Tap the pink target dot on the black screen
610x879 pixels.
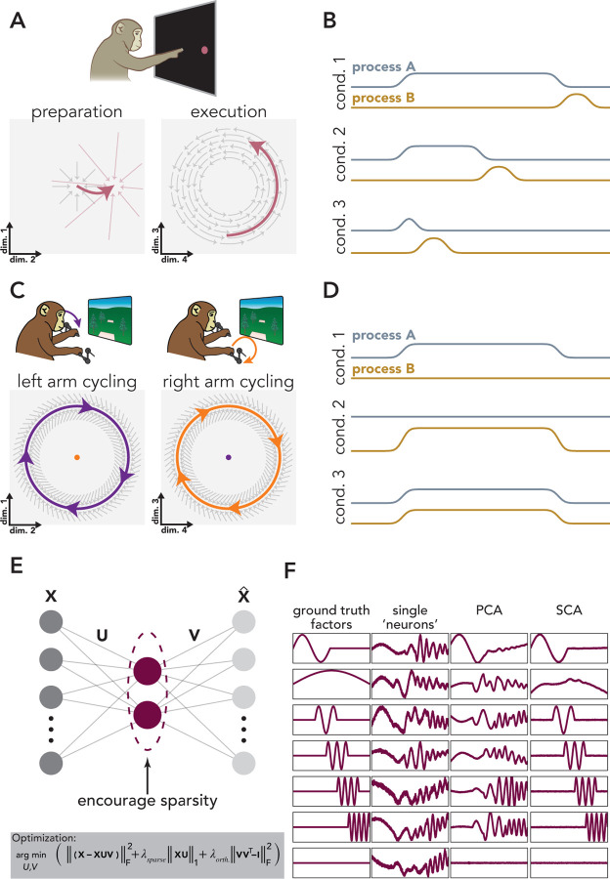(x=206, y=50)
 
